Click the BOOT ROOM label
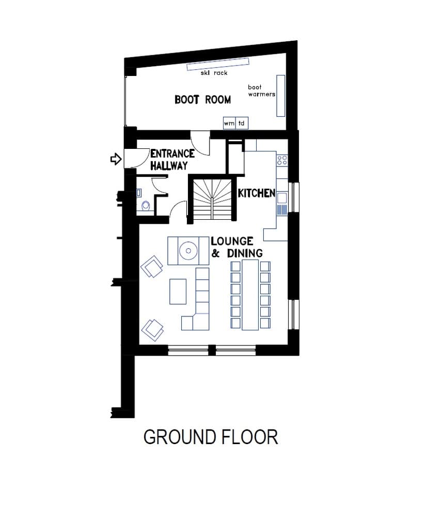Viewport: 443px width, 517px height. [x=202, y=100]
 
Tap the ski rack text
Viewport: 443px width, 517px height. [x=214, y=73]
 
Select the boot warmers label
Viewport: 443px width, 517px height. [x=261, y=91]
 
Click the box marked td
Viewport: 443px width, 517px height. [x=241, y=124]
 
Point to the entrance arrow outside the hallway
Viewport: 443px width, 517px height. [x=116, y=159]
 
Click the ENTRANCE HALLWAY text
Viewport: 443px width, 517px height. [x=171, y=160]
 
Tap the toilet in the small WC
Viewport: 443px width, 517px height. [x=146, y=206]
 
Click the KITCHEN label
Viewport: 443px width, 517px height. [x=256, y=193]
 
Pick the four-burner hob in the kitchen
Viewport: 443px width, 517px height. [x=282, y=160]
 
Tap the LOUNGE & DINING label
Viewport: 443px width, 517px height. [x=236, y=247]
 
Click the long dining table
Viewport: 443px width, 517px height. [x=250, y=295]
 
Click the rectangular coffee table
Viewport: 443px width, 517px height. [x=178, y=292]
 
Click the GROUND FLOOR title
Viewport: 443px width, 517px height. [x=211, y=437]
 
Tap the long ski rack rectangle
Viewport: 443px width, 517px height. [x=217, y=64]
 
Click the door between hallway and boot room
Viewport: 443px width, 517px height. [x=200, y=141]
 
